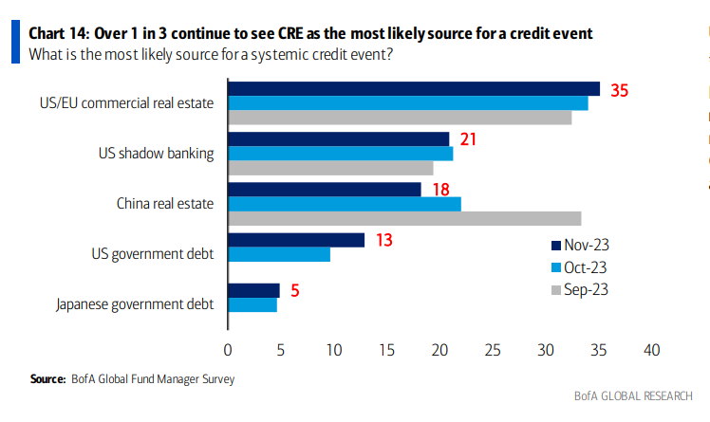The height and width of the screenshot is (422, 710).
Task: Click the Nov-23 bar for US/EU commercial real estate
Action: point(414,88)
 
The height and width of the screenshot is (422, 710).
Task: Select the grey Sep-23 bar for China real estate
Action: point(404,218)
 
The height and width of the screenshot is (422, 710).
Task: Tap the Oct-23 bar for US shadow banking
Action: point(340,154)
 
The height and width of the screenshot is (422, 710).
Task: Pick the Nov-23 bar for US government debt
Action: point(296,240)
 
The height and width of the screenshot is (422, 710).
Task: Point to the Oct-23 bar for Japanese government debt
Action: point(252,304)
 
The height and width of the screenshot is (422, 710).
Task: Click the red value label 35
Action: point(620,91)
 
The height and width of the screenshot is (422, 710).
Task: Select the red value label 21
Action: point(466,140)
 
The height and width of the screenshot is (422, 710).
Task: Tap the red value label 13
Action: point(383,240)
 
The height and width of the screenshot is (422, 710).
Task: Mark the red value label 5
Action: point(295,291)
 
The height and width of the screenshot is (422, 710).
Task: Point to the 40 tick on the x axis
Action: point(651,350)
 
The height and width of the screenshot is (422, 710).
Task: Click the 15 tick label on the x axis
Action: point(386,350)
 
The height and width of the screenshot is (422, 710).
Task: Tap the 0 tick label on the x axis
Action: point(228,350)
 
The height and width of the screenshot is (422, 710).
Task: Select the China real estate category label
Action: point(165,203)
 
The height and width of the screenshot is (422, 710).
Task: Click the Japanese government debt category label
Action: point(135,304)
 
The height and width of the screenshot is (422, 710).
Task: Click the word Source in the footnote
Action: point(47,379)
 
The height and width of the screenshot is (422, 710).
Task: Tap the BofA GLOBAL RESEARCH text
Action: point(632,395)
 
